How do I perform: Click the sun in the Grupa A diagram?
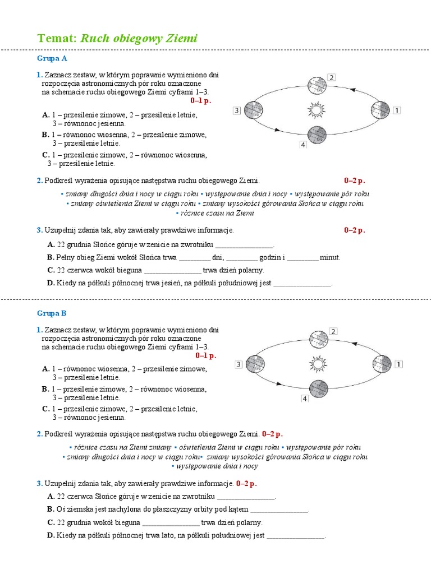(317, 110)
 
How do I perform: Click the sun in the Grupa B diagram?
(318, 364)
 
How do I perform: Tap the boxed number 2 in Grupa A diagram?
(332, 77)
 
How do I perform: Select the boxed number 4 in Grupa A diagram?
(303, 145)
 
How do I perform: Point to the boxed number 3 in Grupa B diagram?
(239, 364)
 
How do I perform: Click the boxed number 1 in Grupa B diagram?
(399, 364)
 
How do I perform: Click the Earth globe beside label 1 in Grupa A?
(380, 110)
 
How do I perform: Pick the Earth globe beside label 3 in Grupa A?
(253, 110)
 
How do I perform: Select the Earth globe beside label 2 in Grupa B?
(319, 339)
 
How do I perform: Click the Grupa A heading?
(52, 58)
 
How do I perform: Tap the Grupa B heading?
(52, 313)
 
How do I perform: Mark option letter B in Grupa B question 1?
(45, 389)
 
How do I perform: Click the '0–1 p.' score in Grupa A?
(201, 100)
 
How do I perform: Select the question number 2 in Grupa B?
(40, 434)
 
